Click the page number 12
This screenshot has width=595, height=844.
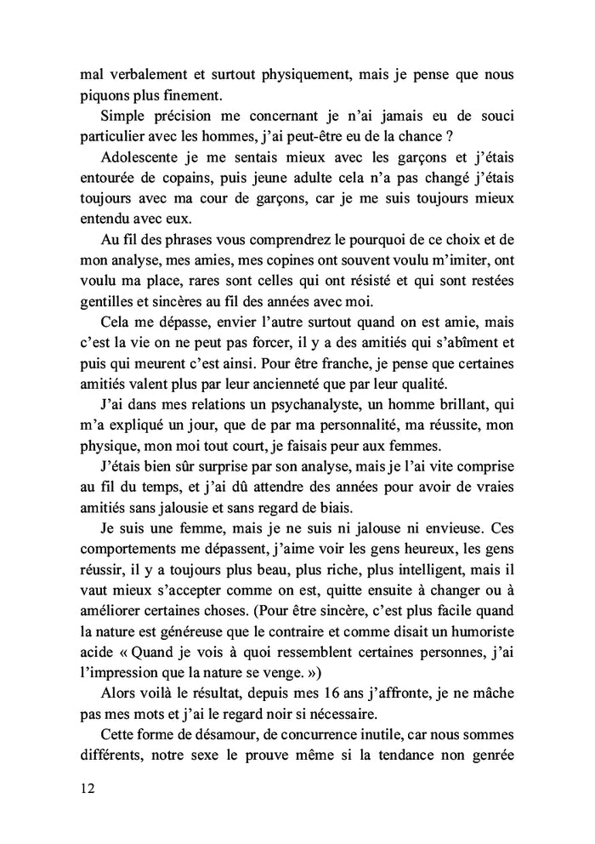pos(85,788)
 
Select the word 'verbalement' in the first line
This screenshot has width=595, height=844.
pos(145,73)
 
